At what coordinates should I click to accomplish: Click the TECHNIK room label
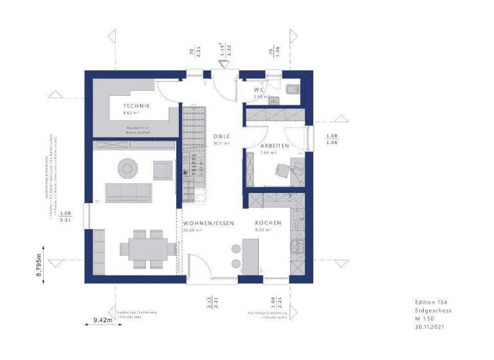coord(136,106)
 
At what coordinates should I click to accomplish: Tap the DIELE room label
coord(221,136)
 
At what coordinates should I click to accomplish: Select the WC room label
coord(260,89)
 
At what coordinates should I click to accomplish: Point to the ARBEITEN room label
coord(273,146)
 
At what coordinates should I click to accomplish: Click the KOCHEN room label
coord(268,222)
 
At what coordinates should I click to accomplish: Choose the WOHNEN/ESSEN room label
coord(207,222)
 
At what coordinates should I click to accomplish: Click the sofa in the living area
coord(129,192)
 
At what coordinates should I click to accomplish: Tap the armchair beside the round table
coord(162,170)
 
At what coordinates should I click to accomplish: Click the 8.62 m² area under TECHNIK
coord(132,113)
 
